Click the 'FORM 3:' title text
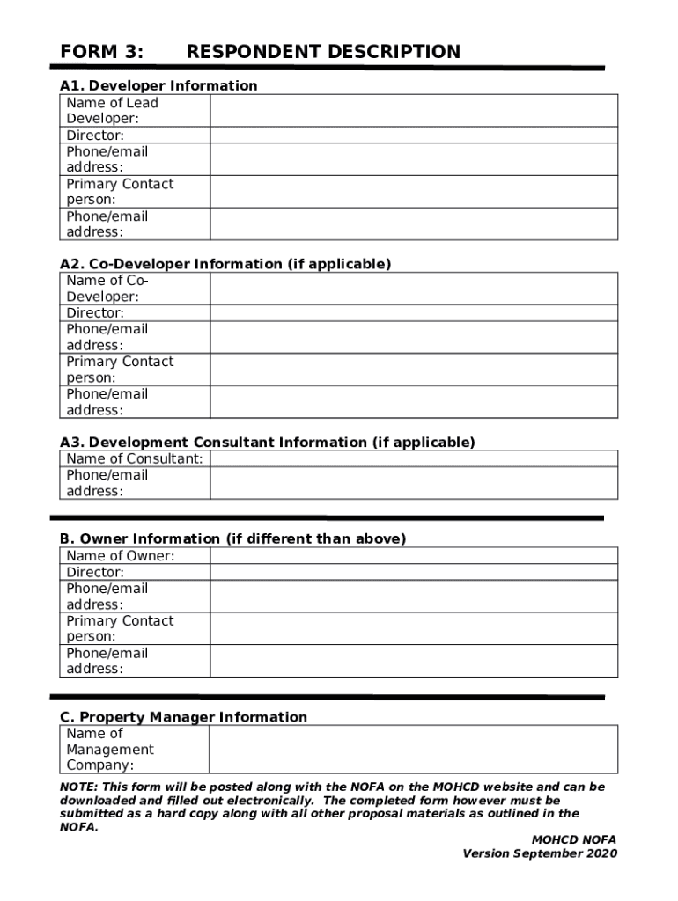click(101, 52)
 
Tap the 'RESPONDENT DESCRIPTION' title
click(323, 52)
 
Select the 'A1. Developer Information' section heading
click(158, 85)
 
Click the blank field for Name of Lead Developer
click(413, 111)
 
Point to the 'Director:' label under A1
click(95, 136)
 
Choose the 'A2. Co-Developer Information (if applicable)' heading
click(225, 264)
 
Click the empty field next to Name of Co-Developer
click(413, 289)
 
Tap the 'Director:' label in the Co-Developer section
click(95, 313)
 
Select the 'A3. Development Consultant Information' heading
click(267, 442)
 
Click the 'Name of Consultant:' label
click(135, 458)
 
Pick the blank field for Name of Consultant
click(413, 458)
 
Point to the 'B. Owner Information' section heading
click(232, 538)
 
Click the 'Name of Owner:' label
click(121, 556)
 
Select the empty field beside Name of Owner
click(413, 556)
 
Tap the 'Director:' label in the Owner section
click(95, 572)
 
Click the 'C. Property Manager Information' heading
click(183, 717)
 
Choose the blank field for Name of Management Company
click(413, 750)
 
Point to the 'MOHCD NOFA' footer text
click(573, 840)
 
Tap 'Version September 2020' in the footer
click(540, 853)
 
